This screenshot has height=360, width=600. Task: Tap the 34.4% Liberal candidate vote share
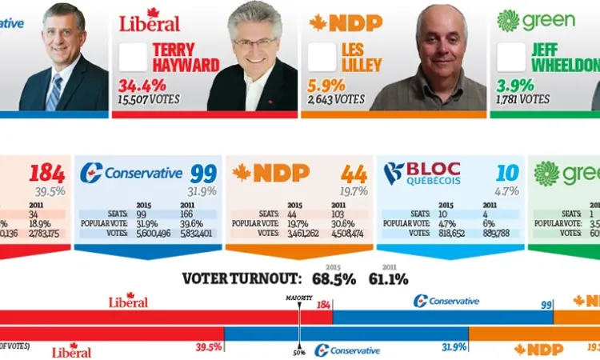(x=138, y=85)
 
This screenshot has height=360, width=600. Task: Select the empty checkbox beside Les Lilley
(x=322, y=57)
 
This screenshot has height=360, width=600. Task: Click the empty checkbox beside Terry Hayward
(x=133, y=57)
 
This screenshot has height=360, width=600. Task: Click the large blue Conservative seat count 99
(x=204, y=174)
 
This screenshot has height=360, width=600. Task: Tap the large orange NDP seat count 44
(x=354, y=174)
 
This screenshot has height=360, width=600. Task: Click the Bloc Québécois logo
(x=422, y=173)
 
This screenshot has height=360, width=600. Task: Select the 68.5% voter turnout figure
(x=333, y=279)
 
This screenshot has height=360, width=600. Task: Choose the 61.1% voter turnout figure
(x=388, y=279)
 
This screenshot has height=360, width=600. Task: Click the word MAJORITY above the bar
(x=298, y=298)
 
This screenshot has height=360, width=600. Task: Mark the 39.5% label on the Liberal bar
(x=209, y=346)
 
